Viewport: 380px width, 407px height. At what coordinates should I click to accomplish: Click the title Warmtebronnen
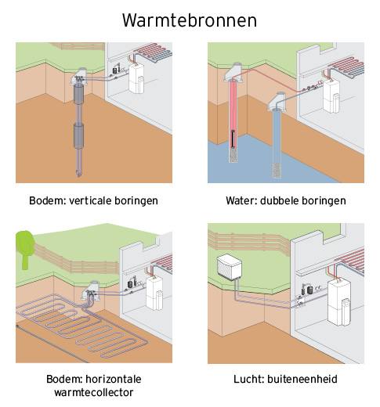point(190,20)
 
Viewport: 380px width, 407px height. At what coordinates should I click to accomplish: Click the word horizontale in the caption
point(114,379)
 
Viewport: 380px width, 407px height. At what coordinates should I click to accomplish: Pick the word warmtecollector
point(94,392)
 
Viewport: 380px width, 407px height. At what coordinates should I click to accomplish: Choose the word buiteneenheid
point(302,379)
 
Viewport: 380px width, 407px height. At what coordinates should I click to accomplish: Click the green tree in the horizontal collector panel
point(25,249)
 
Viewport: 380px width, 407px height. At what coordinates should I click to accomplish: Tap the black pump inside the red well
point(233,139)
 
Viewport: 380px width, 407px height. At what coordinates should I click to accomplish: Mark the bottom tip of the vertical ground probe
point(78,176)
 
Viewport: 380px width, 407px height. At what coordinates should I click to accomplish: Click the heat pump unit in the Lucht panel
point(339,302)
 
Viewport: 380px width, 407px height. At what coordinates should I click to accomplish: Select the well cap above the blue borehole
point(277,101)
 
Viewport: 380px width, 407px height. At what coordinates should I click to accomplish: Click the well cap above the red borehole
point(234,72)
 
